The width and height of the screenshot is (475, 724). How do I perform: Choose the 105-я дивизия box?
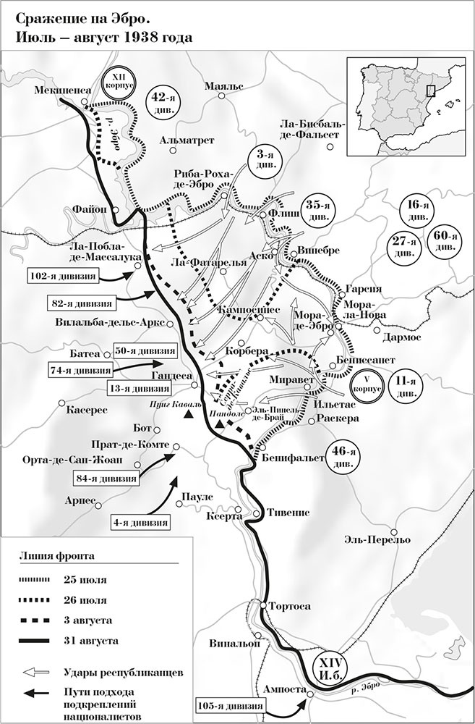click(x=229, y=702)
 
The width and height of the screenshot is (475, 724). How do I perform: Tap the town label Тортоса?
click(x=288, y=605)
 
